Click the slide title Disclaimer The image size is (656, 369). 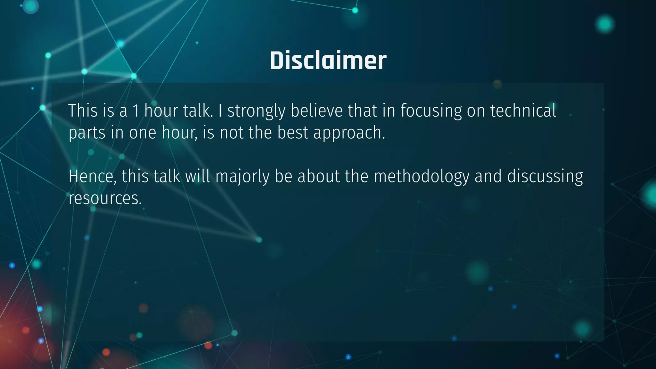pyautogui.click(x=328, y=61)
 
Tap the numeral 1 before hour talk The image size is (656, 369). pyautogui.click(x=136, y=111)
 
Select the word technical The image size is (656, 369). pyautogui.click(x=523, y=111)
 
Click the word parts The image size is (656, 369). pyautogui.click(x=87, y=133)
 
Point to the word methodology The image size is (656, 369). pyautogui.click(x=421, y=177)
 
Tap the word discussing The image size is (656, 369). pyautogui.click(x=545, y=177)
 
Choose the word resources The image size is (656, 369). pyautogui.click(x=105, y=198)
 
